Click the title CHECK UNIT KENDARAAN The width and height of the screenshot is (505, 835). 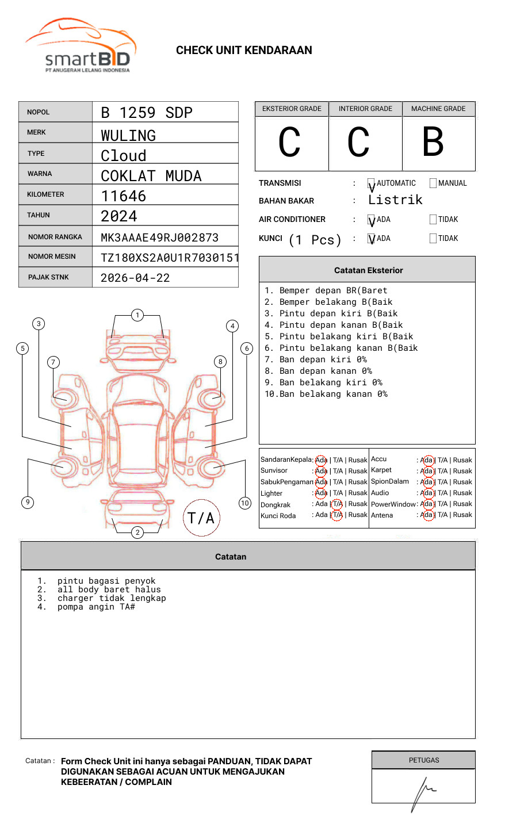[244, 51]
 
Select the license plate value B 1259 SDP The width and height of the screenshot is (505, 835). [147, 113]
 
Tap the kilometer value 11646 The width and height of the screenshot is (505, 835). [124, 196]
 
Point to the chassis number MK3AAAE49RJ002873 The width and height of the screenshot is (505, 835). [159, 238]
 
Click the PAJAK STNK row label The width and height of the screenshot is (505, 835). [48, 277]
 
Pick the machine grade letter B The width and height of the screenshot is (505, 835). [433, 142]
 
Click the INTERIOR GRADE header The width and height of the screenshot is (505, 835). [365, 109]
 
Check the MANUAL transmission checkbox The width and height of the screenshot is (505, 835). [433, 183]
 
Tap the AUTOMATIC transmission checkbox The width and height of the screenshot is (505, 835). [372, 184]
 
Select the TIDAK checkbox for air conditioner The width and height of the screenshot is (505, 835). [433, 220]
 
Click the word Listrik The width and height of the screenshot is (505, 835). [395, 200]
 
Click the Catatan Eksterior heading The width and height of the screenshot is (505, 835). [368, 270]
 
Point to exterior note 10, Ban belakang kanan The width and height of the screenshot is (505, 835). [327, 394]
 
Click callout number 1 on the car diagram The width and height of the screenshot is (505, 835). [137, 315]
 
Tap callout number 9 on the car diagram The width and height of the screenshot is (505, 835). [28, 502]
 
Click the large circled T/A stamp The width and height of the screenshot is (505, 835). [201, 518]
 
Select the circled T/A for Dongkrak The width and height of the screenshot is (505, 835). [337, 504]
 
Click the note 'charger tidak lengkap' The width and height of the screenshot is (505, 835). [112, 598]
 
